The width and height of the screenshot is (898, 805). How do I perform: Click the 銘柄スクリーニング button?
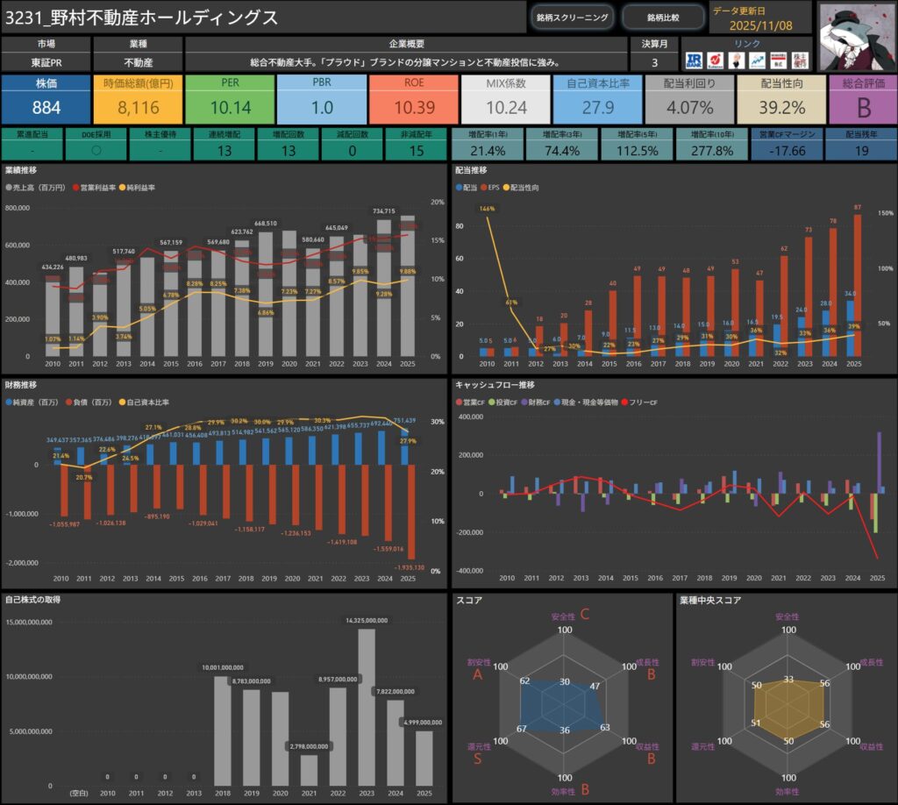(571, 17)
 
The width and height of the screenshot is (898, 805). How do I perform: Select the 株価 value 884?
(46, 108)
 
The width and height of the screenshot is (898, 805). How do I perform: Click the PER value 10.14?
(230, 108)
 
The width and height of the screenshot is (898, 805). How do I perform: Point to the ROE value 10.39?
(414, 108)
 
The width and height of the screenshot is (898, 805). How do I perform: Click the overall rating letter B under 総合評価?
(862, 108)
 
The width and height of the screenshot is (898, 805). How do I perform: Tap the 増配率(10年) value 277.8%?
(710, 151)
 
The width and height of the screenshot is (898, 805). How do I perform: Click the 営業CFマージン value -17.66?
(788, 151)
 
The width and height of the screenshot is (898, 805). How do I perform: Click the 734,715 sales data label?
(384, 211)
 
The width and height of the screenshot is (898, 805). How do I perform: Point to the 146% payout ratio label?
(487, 210)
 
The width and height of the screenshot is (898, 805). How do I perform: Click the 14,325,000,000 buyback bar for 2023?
(367, 710)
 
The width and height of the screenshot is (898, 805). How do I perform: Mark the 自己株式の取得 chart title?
(32, 600)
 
